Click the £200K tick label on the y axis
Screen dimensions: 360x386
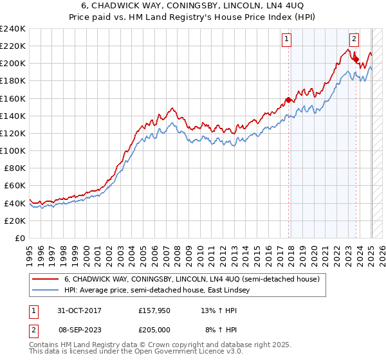[12, 64]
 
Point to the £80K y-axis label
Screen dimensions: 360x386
[14, 168]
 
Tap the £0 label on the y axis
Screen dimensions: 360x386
[21, 238]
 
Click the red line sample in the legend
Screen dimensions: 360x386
[44, 280]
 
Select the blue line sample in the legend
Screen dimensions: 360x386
[44, 291]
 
